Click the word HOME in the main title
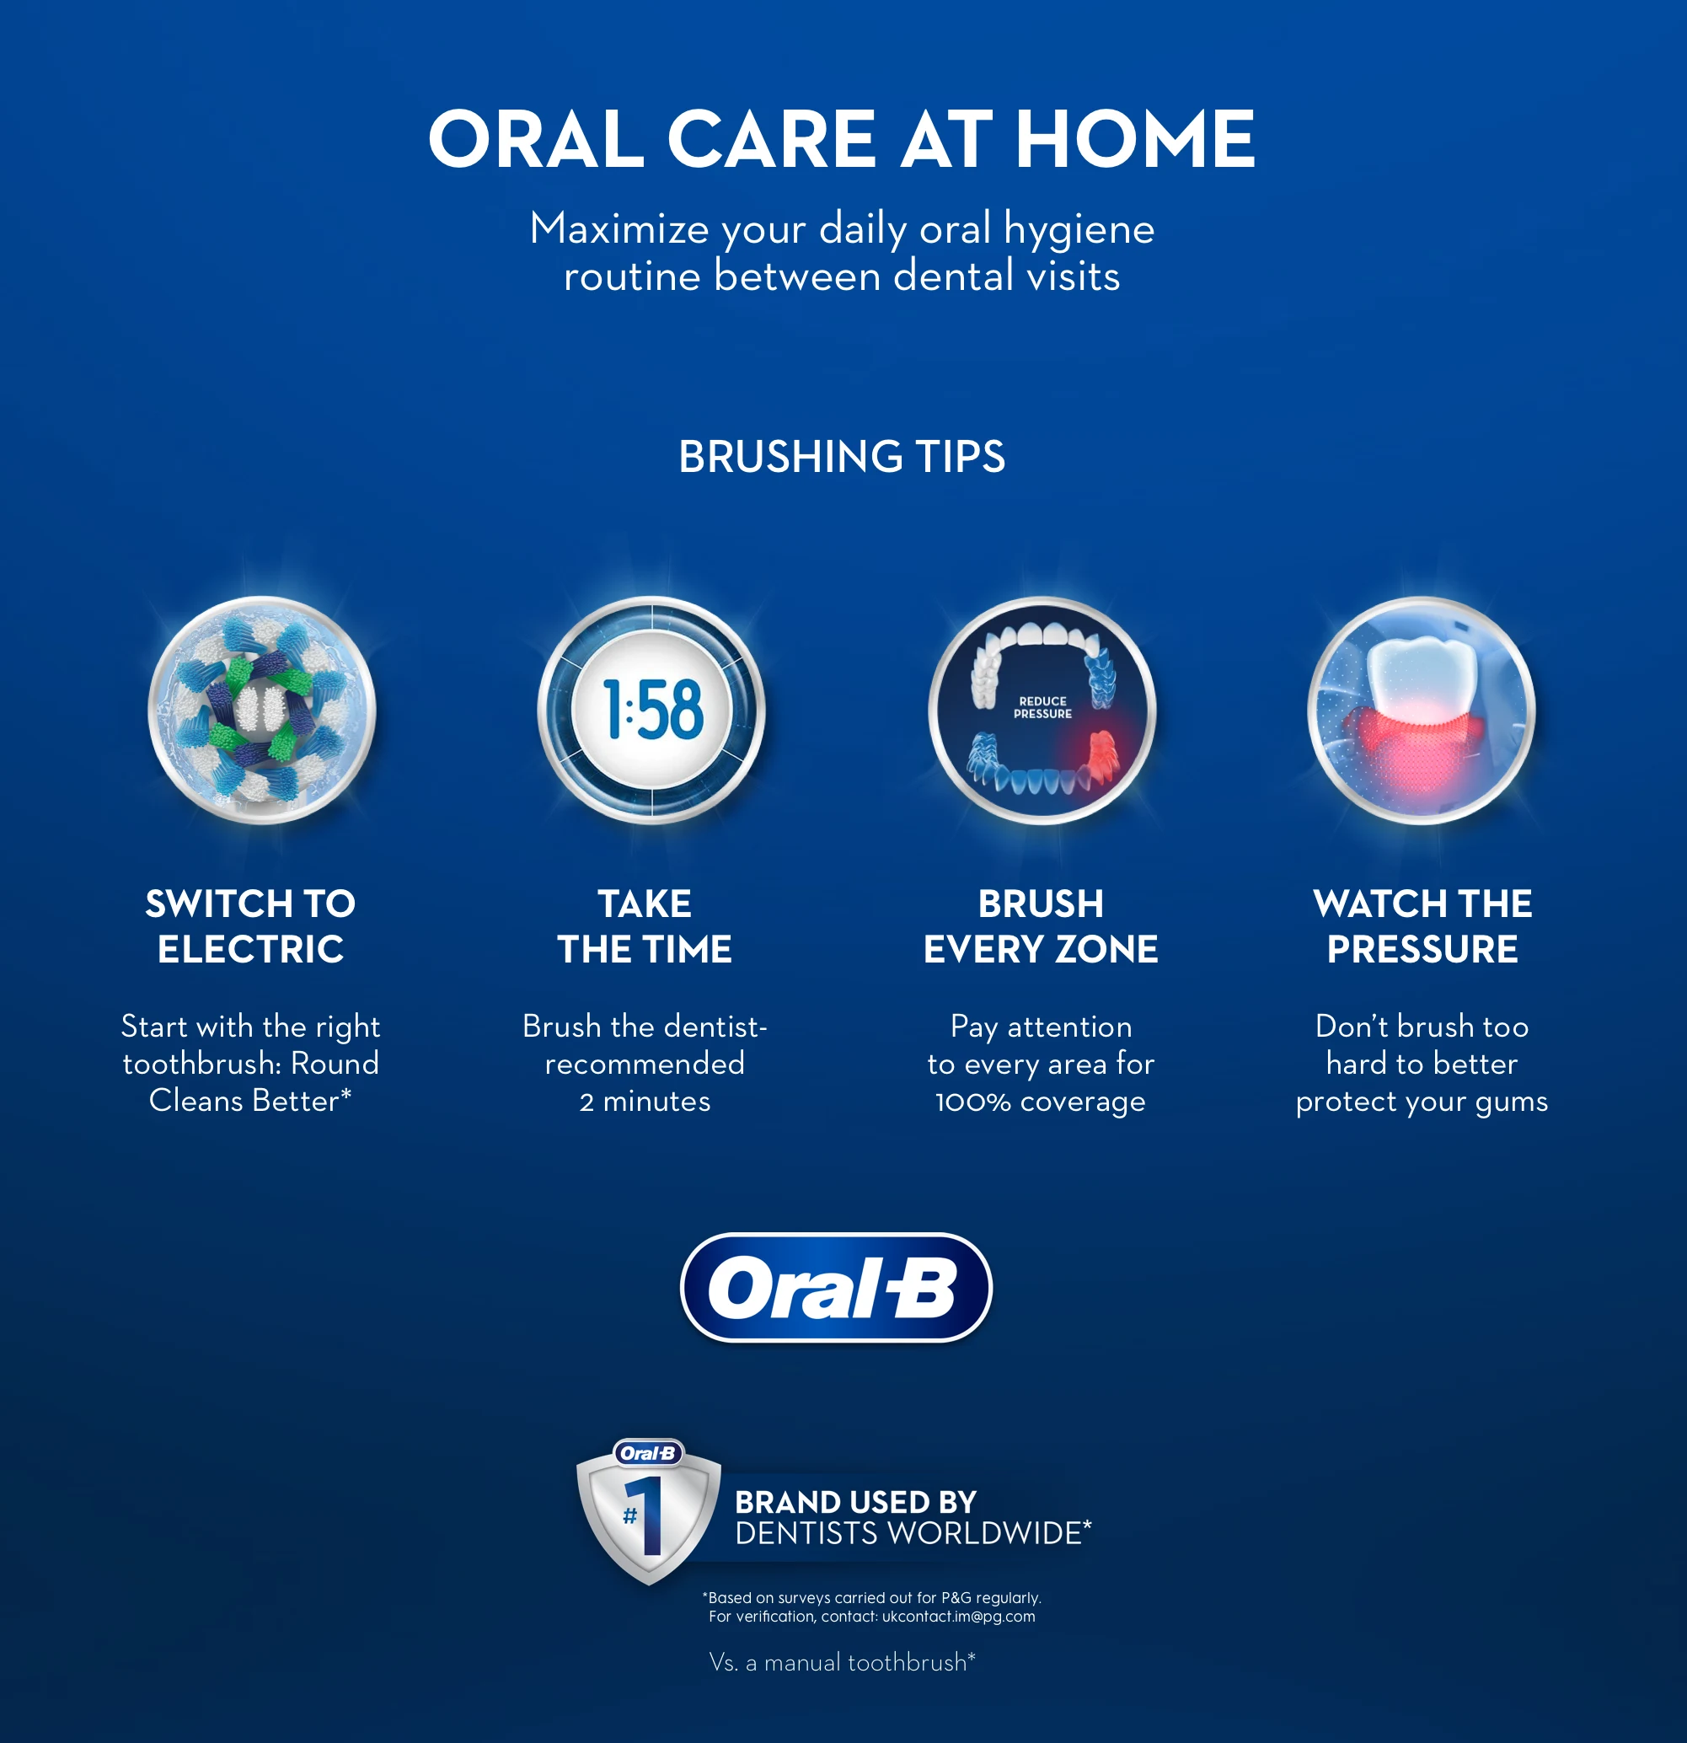click(x=1135, y=139)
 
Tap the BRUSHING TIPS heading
click(x=841, y=456)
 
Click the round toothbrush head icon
click(x=261, y=710)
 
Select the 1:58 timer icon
click(x=651, y=710)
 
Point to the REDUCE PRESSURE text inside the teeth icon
click(x=1042, y=707)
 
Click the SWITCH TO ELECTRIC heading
click(x=251, y=925)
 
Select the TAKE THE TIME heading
click(x=645, y=925)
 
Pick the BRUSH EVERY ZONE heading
click(x=1041, y=925)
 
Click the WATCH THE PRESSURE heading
click(x=1422, y=925)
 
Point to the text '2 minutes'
click(x=645, y=1102)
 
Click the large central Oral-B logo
click(x=836, y=1287)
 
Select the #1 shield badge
click(x=648, y=1512)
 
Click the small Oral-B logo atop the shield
click(x=648, y=1453)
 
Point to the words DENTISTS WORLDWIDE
click(x=913, y=1533)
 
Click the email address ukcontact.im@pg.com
click(x=959, y=1617)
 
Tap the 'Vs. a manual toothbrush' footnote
click(x=842, y=1662)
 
